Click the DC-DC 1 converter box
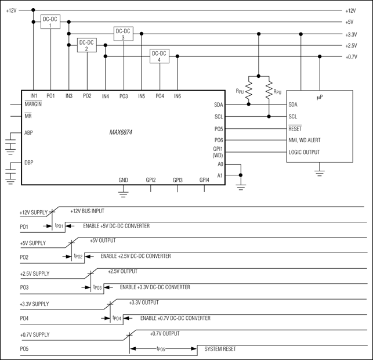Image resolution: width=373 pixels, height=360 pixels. pos(50,23)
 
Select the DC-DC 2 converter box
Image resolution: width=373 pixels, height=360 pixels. pos(87,45)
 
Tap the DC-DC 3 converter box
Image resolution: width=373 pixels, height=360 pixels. pos(123,34)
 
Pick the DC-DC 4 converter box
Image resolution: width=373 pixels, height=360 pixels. pos(159,56)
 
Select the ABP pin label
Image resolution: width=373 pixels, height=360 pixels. pos(29,132)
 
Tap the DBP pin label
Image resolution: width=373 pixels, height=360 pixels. pos(29,162)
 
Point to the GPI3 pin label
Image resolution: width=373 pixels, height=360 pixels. pos(178,180)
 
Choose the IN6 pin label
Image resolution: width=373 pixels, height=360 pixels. pos(178,95)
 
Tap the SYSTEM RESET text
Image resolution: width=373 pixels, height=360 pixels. pos(220,348)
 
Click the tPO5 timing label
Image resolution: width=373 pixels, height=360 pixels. pos(162,349)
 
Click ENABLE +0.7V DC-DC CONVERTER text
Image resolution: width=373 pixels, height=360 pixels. pos(175,318)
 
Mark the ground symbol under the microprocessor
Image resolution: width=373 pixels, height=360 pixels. pos(318,172)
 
